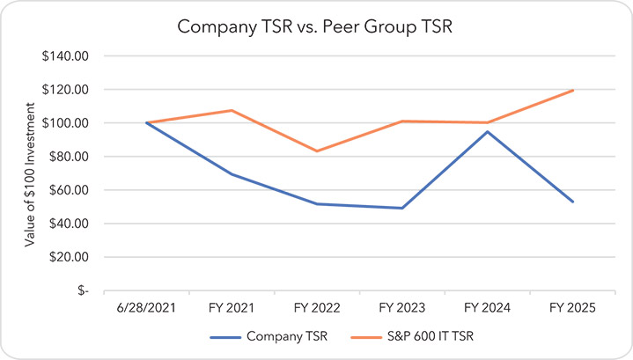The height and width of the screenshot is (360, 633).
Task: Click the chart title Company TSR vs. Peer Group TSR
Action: [x=316, y=26]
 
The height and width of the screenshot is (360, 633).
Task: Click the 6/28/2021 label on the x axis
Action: [x=147, y=308]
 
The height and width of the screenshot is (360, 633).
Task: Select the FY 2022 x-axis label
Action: [x=317, y=308]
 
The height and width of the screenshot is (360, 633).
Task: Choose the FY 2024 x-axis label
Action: [x=488, y=308]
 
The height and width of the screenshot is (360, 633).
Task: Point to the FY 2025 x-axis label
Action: [x=573, y=308]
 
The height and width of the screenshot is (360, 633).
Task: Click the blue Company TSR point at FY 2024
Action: [x=488, y=132]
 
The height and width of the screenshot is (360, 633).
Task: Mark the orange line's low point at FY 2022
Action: [x=317, y=151]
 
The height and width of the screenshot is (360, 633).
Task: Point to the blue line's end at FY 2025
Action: [x=573, y=202]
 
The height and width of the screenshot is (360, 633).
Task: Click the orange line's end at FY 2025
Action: [x=573, y=90]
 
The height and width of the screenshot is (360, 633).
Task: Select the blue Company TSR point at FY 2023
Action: [x=402, y=208]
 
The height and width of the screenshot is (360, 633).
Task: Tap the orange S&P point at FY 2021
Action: [x=232, y=110]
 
